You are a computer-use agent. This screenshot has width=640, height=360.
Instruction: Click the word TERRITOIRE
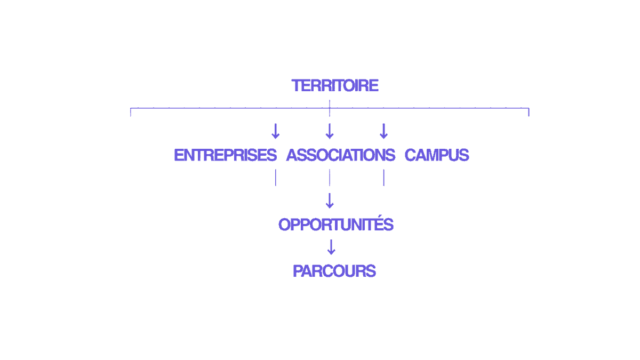[335, 86]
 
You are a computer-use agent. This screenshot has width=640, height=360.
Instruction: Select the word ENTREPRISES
[226, 155]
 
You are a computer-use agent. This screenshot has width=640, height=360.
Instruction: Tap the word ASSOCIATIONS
[341, 155]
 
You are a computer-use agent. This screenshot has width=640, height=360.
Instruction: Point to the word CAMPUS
[437, 155]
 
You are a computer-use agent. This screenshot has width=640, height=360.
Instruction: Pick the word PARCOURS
[334, 271]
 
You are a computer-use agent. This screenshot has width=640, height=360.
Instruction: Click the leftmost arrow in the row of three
[275, 131]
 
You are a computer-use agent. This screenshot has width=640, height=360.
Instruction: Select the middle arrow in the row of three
[330, 131]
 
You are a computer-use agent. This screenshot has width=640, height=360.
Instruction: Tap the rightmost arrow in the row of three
[383, 131]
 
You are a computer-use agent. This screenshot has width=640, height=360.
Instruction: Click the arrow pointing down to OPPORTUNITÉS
[330, 201]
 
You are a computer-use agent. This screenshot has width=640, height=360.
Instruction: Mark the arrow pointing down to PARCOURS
[331, 247]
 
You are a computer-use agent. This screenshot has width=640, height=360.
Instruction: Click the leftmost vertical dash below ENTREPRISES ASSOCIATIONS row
[276, 178]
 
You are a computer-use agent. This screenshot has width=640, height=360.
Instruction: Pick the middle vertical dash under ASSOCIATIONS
[330, 178]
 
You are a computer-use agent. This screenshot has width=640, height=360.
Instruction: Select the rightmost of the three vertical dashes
[383, 178]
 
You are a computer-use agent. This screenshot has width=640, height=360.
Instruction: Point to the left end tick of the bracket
[131, 113]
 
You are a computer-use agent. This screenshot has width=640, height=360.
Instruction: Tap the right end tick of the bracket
[529, 113]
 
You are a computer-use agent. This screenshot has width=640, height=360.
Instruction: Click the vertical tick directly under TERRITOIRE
[330, 108]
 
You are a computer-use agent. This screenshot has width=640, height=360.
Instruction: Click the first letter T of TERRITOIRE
[297, 86]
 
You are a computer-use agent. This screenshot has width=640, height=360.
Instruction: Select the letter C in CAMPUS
[411, 155]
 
